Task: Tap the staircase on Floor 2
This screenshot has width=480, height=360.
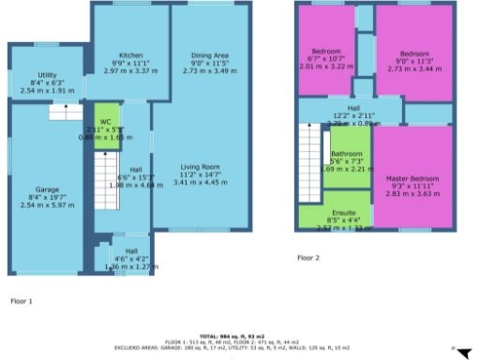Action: point(312,159)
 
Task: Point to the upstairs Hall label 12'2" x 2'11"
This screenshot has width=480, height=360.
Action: point(352,109)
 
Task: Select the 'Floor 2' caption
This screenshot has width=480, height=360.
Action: point(308,257)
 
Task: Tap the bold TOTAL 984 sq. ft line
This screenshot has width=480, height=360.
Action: point(240,335)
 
